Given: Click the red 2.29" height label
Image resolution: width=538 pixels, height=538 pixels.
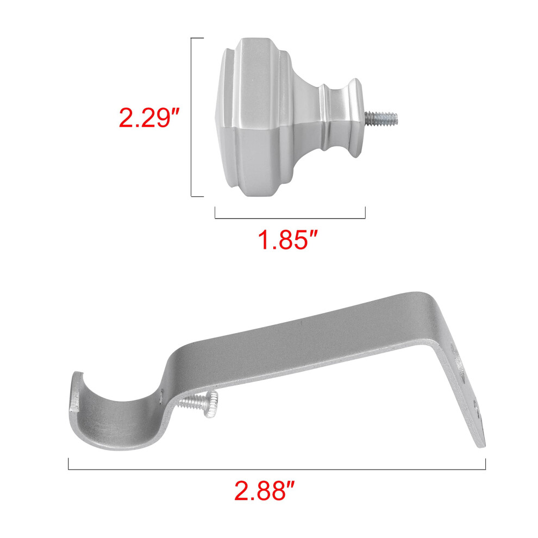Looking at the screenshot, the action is click(149, 118).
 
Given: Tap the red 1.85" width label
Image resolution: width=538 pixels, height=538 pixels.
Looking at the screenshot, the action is click(288, 240).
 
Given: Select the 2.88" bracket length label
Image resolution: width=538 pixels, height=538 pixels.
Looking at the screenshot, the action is click(264, 491).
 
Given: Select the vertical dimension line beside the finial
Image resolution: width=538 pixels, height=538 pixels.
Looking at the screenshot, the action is click(191, 117).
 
